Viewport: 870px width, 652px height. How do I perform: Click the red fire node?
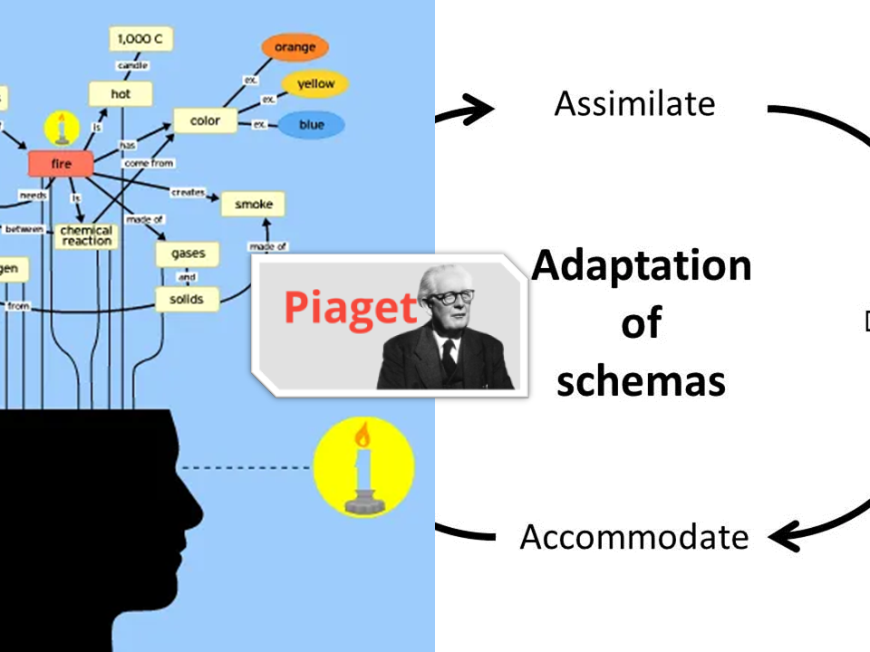click(62, 164)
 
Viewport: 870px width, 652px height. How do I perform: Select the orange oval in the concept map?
click(295, 47)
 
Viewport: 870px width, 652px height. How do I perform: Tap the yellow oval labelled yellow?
click(314, 84)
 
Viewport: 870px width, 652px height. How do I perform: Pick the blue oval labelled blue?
click(310, 125)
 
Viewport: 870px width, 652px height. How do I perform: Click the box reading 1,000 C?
click(140, 40)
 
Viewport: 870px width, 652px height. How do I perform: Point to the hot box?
click(121, 93)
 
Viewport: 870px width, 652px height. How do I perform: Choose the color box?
click(205, 120)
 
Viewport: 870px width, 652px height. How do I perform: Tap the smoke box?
click(253, 205)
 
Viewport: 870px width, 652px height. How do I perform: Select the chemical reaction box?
click(87, 235)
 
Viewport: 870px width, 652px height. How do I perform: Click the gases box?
click(188, 254)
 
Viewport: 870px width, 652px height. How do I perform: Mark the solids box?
click(187, 299)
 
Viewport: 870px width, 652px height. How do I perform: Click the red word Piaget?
click(350, 308)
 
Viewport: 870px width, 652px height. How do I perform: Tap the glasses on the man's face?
click(451, 297)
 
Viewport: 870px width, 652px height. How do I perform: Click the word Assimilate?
click(634, 104)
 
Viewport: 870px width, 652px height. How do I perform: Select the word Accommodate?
click(634, 537)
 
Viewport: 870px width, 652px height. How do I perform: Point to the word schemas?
click(641, 381)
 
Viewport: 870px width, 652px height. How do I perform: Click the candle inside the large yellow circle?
click(363, 471)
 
